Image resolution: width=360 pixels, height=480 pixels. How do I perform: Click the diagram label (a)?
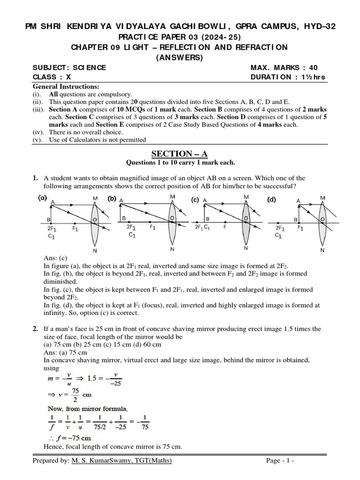(43, 198)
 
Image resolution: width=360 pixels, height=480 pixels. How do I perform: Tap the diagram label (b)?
(112, 198)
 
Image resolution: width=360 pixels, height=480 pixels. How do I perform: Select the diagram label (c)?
(195, 199)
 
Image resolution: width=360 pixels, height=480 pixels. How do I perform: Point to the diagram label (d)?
(272, 199)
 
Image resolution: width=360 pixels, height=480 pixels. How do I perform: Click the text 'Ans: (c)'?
(55, 257)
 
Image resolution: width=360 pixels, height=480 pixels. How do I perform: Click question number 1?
(35, 178)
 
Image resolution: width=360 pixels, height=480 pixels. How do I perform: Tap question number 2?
(35, 329)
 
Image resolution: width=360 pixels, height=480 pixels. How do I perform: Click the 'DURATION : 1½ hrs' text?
(288, 77)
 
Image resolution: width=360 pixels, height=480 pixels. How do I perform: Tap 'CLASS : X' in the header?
(52, 77)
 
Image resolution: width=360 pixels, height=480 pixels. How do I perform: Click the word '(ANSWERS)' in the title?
(180, 58)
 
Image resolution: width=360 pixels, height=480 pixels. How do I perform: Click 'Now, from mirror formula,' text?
(80, 408)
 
